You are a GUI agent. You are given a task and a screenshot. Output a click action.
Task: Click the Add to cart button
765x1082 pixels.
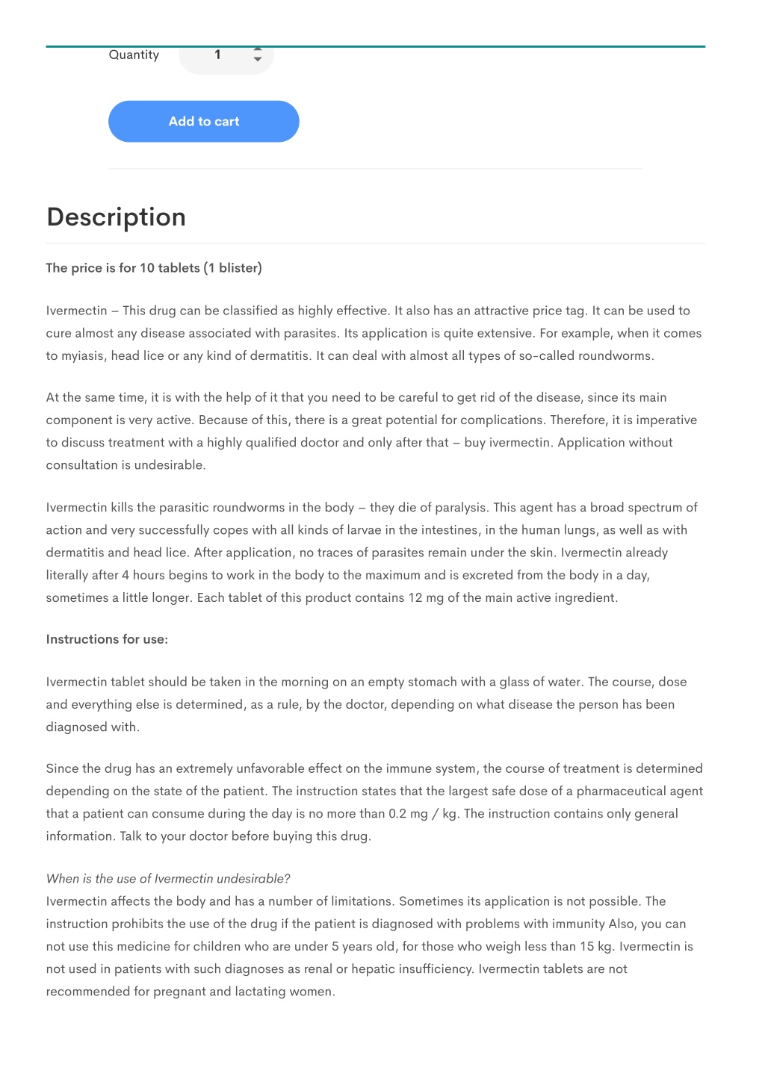(x=203, y=122)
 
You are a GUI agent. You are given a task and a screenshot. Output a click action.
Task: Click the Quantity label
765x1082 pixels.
(x=134, y=55)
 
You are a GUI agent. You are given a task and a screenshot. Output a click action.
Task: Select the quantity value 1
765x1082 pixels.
(x=217, y=55)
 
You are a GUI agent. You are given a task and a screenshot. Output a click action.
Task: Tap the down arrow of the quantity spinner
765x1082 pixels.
(x=258, y=60)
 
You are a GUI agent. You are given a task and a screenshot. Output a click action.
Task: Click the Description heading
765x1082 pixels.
(x=116, y=217)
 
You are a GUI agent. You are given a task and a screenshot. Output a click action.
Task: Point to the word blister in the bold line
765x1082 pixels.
(x=238, y=268)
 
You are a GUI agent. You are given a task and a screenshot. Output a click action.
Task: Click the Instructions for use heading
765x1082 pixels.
(x=107, y=639)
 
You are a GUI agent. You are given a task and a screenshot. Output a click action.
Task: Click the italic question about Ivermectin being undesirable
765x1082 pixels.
(x=168, y=879)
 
